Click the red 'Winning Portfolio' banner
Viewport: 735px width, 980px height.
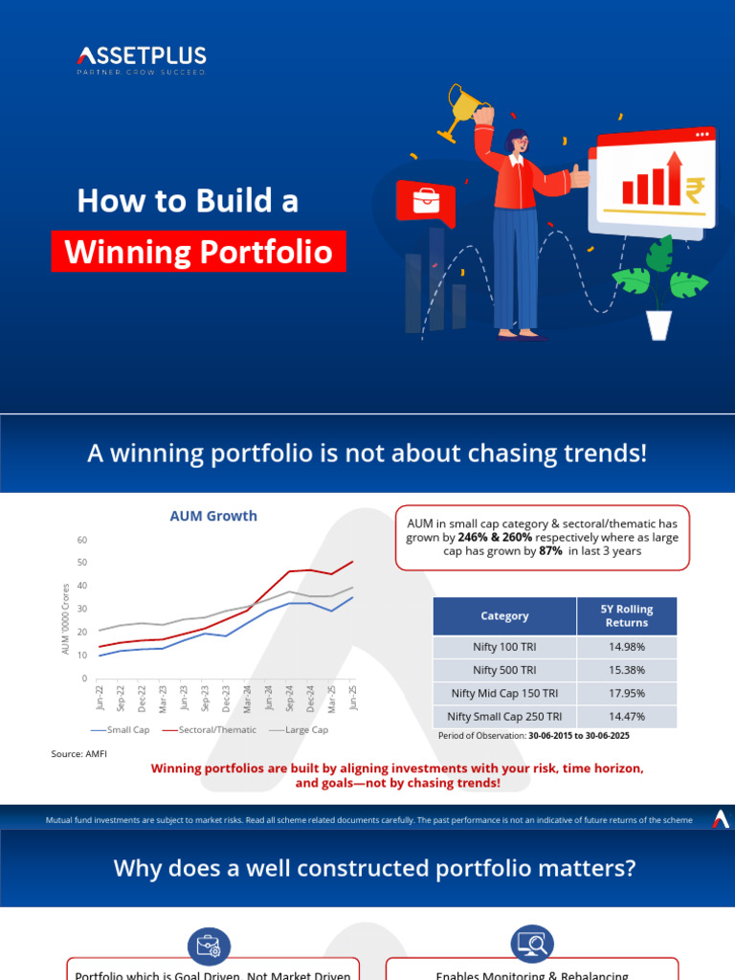click(x=198, y=252)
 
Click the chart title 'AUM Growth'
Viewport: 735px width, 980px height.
click(x=213, y=516)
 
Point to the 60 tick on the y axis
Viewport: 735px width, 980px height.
click(x=81, y=541)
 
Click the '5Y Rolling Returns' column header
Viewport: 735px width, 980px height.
click(x=626, y=616)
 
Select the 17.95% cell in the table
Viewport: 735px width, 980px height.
click(x=626, y=693)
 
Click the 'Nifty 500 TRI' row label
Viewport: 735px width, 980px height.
click(x=503, y=670)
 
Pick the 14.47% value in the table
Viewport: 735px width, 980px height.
click(x=626, y=716)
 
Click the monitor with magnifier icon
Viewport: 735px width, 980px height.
click(x=532, y=944)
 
